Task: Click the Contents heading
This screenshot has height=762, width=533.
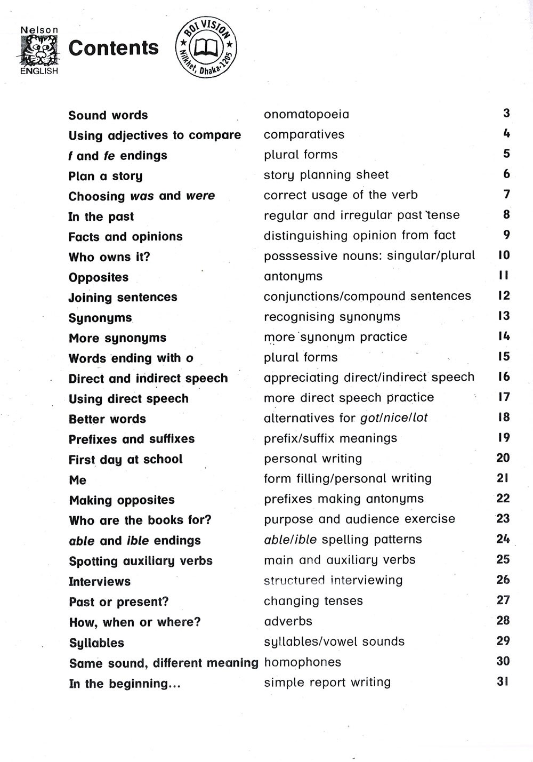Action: click(114, 48)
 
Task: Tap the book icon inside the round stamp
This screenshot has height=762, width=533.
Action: click(206, 48)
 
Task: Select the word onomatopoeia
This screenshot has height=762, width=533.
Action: click(306, 114)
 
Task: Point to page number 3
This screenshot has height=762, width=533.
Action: click(506, 113)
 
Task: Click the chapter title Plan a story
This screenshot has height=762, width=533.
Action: click(106, 176)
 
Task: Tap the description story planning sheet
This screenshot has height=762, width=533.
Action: click(326, 175)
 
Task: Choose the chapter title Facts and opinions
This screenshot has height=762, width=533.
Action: click(125, 237)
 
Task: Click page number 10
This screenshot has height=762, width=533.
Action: click(504, 255)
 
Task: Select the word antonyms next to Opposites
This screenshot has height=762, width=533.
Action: click(293, 276)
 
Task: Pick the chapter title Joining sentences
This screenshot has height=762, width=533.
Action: click(123, 298)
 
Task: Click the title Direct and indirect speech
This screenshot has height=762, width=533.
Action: click(148, 379)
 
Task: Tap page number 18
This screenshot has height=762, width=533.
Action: click(504, 417)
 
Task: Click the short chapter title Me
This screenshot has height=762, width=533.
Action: click(77, 480)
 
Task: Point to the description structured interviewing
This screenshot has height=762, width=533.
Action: click(333, 580)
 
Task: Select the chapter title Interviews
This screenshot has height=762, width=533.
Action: click(100, 581)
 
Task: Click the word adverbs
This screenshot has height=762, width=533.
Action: click(288, 621)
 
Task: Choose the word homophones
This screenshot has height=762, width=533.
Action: click(302, 662)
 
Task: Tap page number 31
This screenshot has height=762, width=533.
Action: click(503, 681)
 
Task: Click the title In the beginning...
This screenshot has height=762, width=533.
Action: click(125, 684)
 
